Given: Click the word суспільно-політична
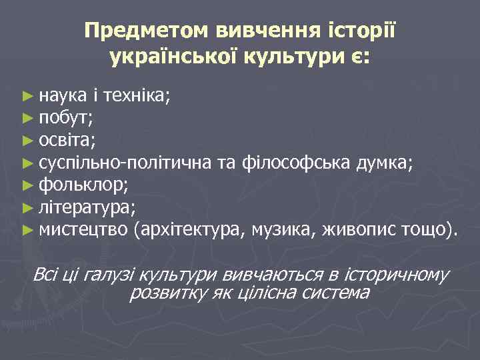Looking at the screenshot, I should coord(126,163).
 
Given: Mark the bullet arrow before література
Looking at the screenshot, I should coord(27,209).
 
